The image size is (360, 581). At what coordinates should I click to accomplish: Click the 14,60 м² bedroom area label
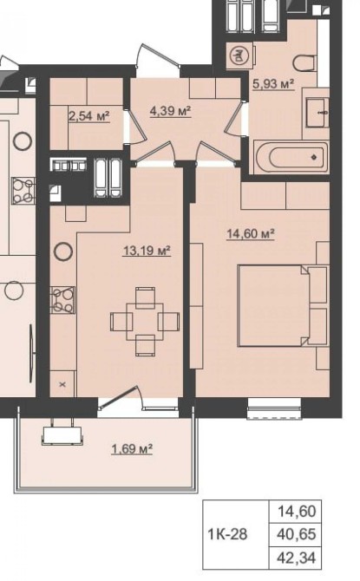pyautogui.click(x=251, y=234)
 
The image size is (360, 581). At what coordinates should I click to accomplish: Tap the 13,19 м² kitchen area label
pyautogui.click(x=147, y=251)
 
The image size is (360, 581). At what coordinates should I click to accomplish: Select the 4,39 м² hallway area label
pyautogui.click(x=170, y=110)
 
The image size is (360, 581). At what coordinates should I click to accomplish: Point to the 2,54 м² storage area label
pyautogui.click(x=89, y=116)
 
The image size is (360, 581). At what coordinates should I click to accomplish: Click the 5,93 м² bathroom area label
pyautogui.click(x=273, y=84)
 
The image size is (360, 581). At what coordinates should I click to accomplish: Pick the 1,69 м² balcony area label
pyautogui.click(x=132, y=449)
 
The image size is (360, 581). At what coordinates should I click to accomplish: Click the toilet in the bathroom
pyautogui.click(x=304, y=63)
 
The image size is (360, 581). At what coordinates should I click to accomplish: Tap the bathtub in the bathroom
pyautogui.click(x=291, y=157)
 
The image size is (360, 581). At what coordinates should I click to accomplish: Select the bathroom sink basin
pyautogui.click(x=317, y=113)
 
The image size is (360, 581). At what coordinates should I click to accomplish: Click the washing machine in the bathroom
pyautogui.click(x=240, y=55)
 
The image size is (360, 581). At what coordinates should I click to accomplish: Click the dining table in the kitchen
pyautogui.click(x=145, y=322)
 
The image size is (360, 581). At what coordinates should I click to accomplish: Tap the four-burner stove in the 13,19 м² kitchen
pyautogui.click(x=63, y=300)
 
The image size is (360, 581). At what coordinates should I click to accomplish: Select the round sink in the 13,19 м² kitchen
pyautogui.click(x=63, y=251)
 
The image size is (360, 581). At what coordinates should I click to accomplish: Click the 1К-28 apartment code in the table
pyautogui.click(x=227, y=534)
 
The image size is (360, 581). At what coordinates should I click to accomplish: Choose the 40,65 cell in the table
pyautogui.click(x=296, y=534)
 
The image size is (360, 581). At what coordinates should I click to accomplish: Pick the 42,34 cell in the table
pyautogui.click(x=296, y=558)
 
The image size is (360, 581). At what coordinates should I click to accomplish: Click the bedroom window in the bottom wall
pyautogui.click(x=274, y=408)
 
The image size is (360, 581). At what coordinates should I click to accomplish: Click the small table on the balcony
pyautogui.click(x=62, y=435)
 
